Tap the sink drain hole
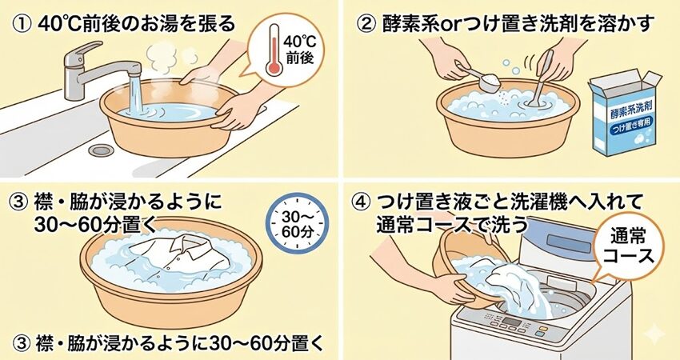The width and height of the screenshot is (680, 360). pos(101,150)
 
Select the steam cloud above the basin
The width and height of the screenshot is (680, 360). pos(162,58)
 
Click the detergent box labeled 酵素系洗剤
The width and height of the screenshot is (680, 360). pos(624,114)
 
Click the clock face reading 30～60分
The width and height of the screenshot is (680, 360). pos(297,224)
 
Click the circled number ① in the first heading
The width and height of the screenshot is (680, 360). pos(22,25)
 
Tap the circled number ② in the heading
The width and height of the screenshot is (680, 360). pos(367,25)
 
